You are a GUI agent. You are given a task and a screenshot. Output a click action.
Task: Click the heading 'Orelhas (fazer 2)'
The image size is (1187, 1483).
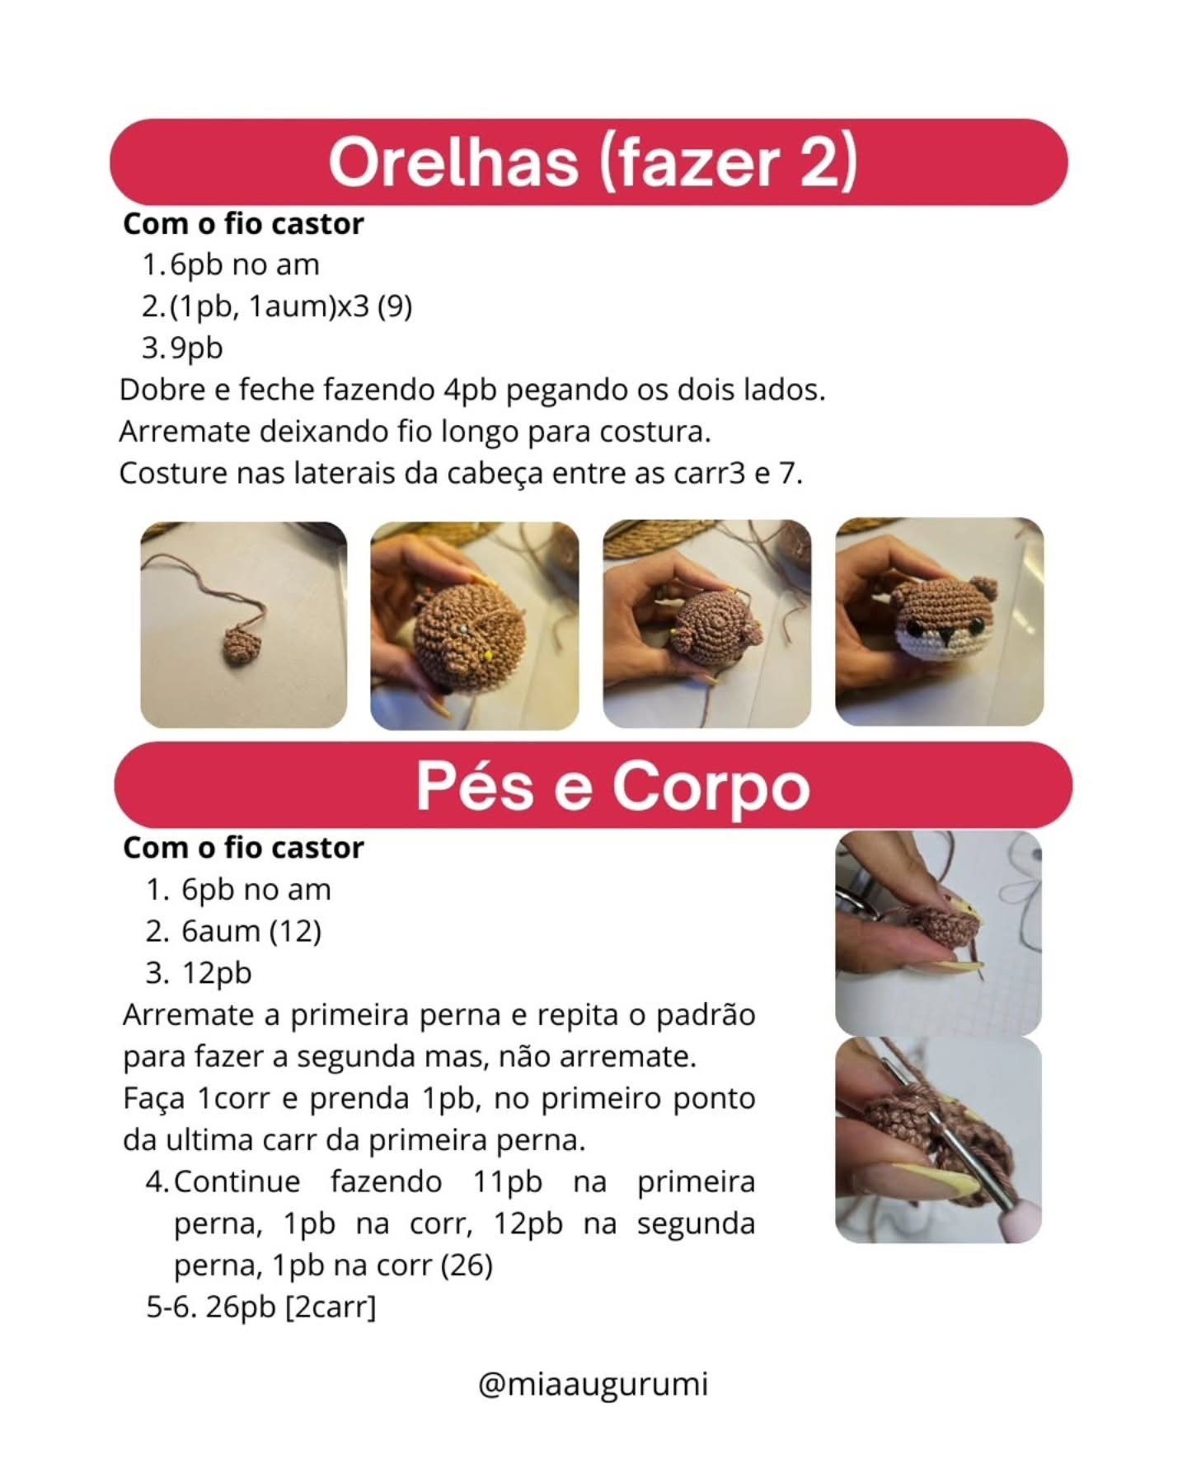[592, 161]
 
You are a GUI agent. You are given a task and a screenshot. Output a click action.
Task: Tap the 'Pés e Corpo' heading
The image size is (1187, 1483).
[612, 786]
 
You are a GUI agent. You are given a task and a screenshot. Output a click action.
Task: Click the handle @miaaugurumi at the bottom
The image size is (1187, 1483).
[593, 1383]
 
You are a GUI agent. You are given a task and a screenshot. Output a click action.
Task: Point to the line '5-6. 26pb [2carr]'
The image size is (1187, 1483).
[260, 1307]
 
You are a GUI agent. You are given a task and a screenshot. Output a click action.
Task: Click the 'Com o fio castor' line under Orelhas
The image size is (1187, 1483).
[243, 224]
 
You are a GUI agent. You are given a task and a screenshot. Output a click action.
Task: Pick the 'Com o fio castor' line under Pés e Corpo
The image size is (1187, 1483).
[243, 848]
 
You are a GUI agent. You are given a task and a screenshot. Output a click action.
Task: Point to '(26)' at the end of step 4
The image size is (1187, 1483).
[467, 1265]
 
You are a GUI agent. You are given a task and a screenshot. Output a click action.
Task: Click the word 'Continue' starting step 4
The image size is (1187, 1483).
[237, 1181]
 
